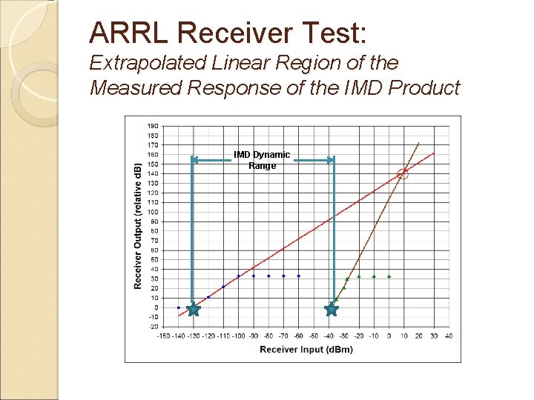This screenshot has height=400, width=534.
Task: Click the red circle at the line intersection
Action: [403, 174]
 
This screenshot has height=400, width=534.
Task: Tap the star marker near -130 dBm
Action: [193, 310]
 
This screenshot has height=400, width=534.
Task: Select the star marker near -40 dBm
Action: [332, 310]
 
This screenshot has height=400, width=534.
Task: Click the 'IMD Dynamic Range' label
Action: [262, 160]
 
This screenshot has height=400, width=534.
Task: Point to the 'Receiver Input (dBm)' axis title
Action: [306, 350]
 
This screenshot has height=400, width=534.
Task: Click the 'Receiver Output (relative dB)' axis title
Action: [138, 227]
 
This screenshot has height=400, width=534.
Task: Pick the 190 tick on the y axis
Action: [152, 126]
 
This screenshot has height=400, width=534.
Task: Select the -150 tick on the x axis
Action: [163, 336]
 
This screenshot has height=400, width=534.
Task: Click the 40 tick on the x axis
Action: [449, 336]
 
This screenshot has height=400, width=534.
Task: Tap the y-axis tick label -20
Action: [152, 327]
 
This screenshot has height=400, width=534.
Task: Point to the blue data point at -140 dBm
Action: [178, 307]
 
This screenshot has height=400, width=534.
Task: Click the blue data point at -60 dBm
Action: [298, 276]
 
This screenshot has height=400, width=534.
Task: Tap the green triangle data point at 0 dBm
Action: [389, 276]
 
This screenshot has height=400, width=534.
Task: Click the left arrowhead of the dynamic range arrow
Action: [195, 159]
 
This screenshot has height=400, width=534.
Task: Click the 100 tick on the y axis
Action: [152, 212]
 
